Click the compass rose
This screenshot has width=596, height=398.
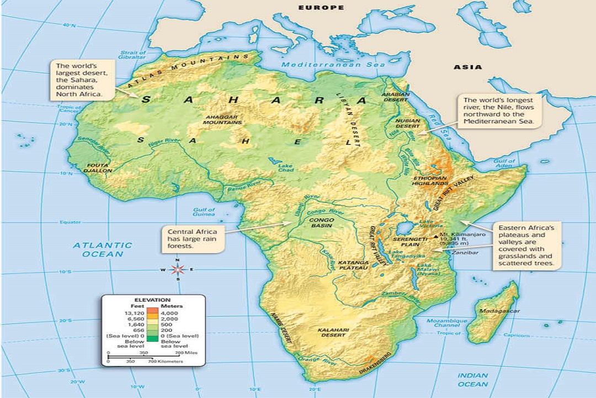coord(177,270)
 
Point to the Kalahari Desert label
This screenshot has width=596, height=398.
coord(334,333)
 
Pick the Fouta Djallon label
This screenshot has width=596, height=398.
coord(99,167)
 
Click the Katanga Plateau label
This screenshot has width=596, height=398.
coord(353,264)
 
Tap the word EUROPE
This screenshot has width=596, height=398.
coord(321,8)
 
